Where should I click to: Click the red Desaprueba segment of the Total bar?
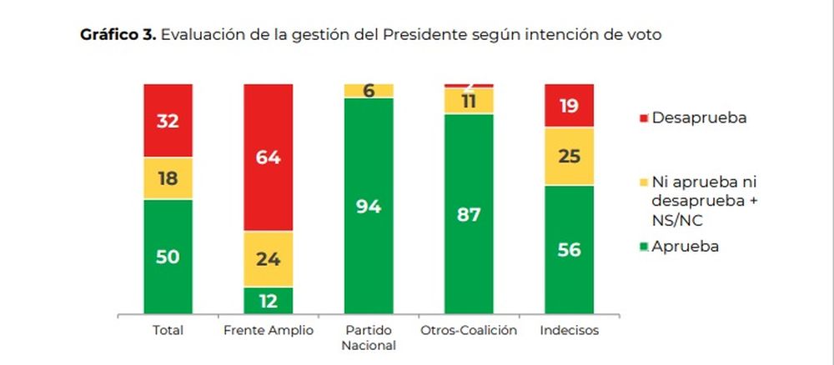168,120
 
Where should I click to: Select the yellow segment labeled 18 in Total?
168,178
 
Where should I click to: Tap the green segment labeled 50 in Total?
168,256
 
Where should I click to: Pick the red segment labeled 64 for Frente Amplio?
268,157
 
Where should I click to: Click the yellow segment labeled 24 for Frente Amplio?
268,258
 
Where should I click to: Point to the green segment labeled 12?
268,300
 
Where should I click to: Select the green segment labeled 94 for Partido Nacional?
368,206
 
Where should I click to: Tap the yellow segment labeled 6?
368,91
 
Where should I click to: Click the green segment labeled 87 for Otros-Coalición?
468,213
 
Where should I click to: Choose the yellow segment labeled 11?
468,101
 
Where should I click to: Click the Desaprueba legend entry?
696,118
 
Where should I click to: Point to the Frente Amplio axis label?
268,331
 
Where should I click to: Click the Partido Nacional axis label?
368,337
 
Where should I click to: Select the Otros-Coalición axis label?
468,331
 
